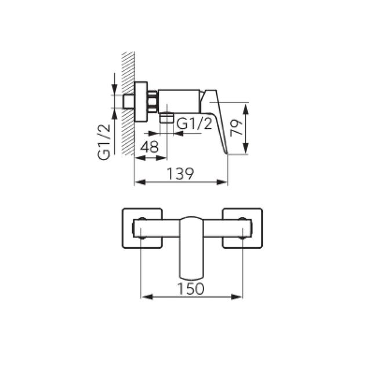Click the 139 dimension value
coord(180,173)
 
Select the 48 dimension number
coord(150,147)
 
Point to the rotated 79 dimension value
coord(236,128)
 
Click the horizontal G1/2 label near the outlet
coord(194,124)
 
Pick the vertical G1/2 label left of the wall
coord(104,142)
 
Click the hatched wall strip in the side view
coord(128,103)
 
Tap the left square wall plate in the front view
coord(142,228)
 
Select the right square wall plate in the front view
coord(242,228)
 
